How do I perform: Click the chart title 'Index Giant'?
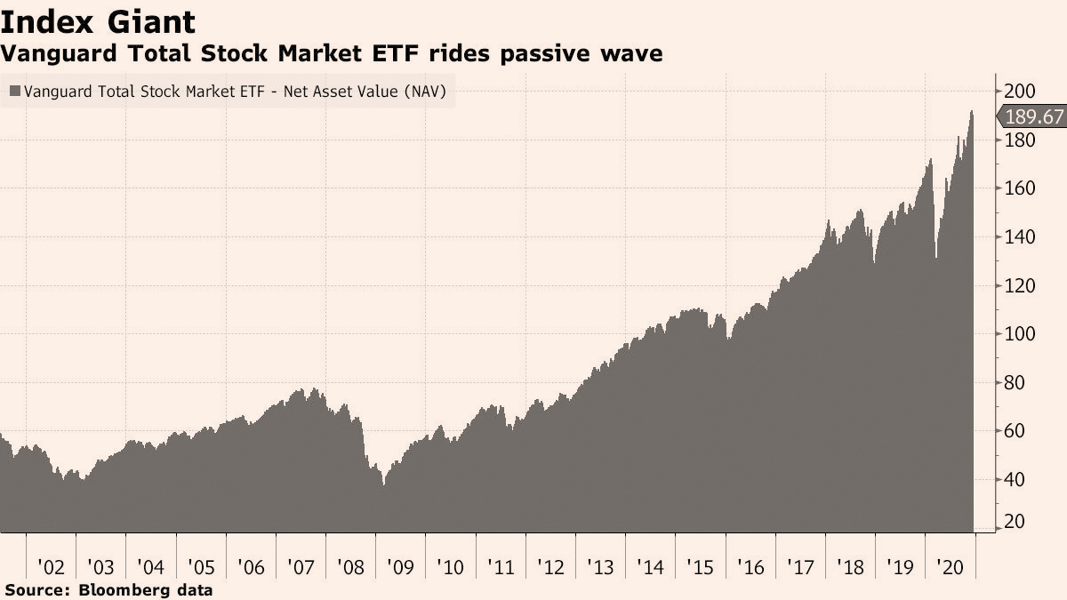pyautogui.click(x=98, y=22)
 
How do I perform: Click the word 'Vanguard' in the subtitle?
pyautogui.click(x=59, y=53)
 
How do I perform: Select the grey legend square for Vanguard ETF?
pyautogui.click(x=15, y=91)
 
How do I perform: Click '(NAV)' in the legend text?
pyautogui.click(x=425, y=92)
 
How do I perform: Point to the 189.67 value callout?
pyautogui.click(x=1031, y=116)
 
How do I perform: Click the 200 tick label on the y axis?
pyautogui.click(x=1019, y=91)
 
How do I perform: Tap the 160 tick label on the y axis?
pyautogui.click(x=1019, y=188)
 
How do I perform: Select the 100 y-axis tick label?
pyautogui.click(x=1019, y=334)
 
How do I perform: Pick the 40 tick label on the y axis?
pyautogui.click(x=1015, y=479)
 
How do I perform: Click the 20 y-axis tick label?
pyautogui.click(x=1015, y=522)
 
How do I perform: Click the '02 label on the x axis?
pyautogui.click(x=51, y=568)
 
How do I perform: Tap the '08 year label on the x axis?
pyautogui.click(x=350, y=568)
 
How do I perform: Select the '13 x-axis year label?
pyautogui.click(x=600, y=568)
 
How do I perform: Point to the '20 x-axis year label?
pyautogui.click(x=950, y=568)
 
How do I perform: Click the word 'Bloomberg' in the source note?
pyautogui.click(x=123, y=590)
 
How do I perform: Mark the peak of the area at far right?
pyautogui.click(x=971, y=111)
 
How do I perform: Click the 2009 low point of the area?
pyautogui.click(x=383, y=485)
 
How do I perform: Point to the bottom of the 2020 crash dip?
pyautogui.click(x=936, y=258)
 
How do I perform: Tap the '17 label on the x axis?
pyautogui.click(x=800, y=568)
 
